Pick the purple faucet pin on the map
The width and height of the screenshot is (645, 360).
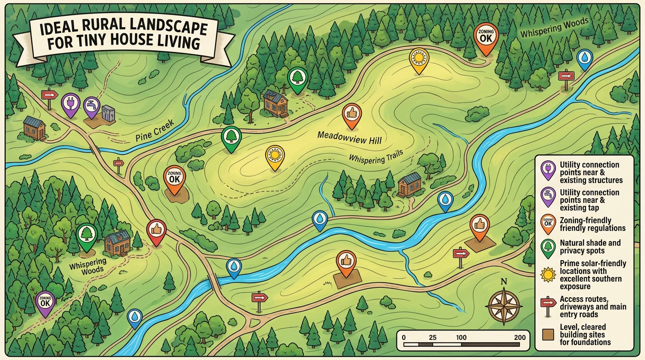pyautogui.click(x=91, y=106)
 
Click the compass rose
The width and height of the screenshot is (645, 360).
pyautogui.click(x=504, y=305)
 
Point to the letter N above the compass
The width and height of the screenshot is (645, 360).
pyautogui.click(x=504, y=282)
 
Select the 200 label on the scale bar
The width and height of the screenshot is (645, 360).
pyautogui.click(x=519, y=337)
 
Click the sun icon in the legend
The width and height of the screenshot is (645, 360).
pyautogui.click(x=547, y=274)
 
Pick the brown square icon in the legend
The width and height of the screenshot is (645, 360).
pyautogui.click(x=547, y=335)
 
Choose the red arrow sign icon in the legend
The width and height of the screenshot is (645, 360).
pyautogui.click(x=547, y=303)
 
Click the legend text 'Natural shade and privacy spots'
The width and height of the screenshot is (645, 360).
pyautogui.click(x=590, y=247)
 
